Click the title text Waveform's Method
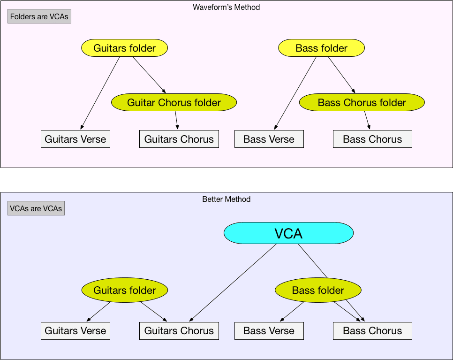[x=226, y=8]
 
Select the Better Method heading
[x=226, y=199]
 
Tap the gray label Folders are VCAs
[x=39, y=16]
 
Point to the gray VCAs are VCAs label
[x=36, y=208]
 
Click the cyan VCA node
[x=288, y=233]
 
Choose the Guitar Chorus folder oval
[x=174, y=102]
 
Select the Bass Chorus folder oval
[x=362, y=102]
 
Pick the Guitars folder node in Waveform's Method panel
[x=124, y=48]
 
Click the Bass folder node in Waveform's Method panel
[x=321, y=48]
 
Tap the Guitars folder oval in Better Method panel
[x=124, y=290]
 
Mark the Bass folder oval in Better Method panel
[x=318, y=290]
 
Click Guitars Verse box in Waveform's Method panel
[x=75, y=139]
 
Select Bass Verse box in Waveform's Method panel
[x=269, y=139]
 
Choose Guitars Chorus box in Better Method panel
[x=179, y=330]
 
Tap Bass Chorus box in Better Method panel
[x=372, y=330]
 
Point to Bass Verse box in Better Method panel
[x=269, y=330]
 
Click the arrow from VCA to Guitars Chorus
[x=233, y=283]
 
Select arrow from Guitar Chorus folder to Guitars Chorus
[x=177, y=120]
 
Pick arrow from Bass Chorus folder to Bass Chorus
[x=367, y=120]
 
